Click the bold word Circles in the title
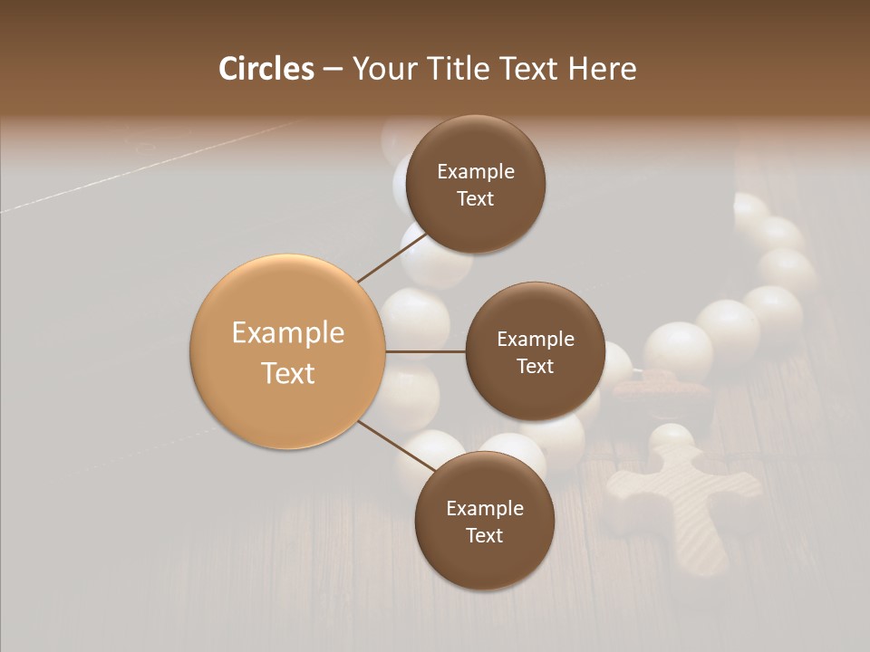click(266, 69)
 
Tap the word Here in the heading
click(602, 69)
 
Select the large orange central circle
click(288, 351)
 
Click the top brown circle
click(475, 184)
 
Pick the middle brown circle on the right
click(535, 351)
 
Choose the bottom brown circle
click(484, 521)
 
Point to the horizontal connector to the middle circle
click(426, 351)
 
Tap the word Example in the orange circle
click(288, 333)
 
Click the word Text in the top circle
click(475, 198)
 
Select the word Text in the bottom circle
click(484, 535)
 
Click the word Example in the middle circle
click(535, 339)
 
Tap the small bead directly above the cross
click(672, 438)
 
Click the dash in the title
click(332, 69)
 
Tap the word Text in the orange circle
click(288, 373)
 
